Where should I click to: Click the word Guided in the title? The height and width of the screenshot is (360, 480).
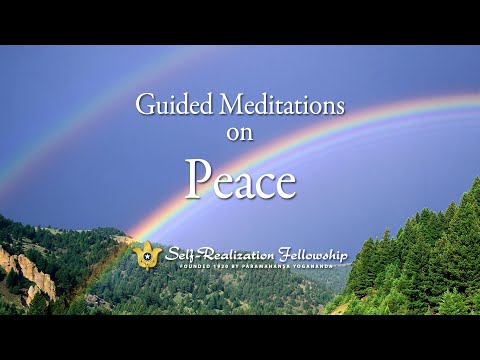[x=171, y=104]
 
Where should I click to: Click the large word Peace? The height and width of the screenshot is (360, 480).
[x=240, y=182]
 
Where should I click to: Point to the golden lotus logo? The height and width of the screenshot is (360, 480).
[x=148, y=255]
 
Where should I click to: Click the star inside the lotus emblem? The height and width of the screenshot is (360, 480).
[x=148, y=257]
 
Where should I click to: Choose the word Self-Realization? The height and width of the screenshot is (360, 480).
[x=217, y=254]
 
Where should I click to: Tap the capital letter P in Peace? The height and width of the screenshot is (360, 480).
[x=198, y=182]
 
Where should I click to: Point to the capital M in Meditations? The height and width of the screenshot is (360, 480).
[x=221, y=104]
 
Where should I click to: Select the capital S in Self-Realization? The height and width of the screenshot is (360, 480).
[x=173, y=254]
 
